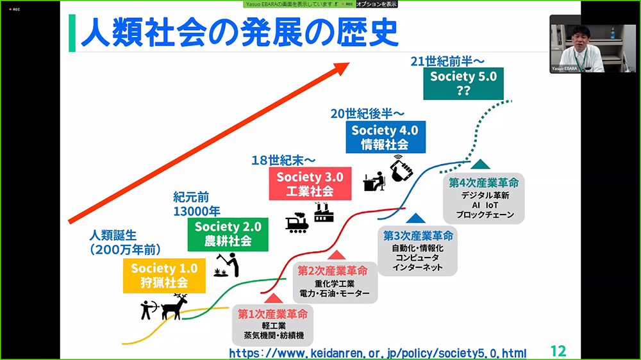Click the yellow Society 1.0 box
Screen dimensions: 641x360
[x=164, y=276]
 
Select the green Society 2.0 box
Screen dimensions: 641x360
[x=228, y=234]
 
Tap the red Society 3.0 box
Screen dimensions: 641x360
[x=310, y=183]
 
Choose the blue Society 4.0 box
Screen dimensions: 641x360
[x=385, y=137]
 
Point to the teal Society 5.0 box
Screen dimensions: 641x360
[x=463, y=84]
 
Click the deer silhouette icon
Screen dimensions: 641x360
[x=174, y=306]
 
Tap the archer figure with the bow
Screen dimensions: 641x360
[x=149, y=310]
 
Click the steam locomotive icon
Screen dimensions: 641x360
[x=297, y=223]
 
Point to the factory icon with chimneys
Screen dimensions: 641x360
[x=324, y=212]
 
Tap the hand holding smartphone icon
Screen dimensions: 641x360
[x=400, y=168]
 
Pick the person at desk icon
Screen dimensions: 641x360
[x=374, y=181]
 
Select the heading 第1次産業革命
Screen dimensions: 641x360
[x=272, y=314]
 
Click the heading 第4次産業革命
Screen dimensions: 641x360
[x=483, y=183]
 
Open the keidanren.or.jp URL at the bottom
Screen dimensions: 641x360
[x=378, y=353]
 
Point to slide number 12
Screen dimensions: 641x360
[x=558, y=351]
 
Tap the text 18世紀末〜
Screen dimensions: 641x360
[x=283, y=160]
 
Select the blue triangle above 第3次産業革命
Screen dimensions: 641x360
[x=416, y=218]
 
